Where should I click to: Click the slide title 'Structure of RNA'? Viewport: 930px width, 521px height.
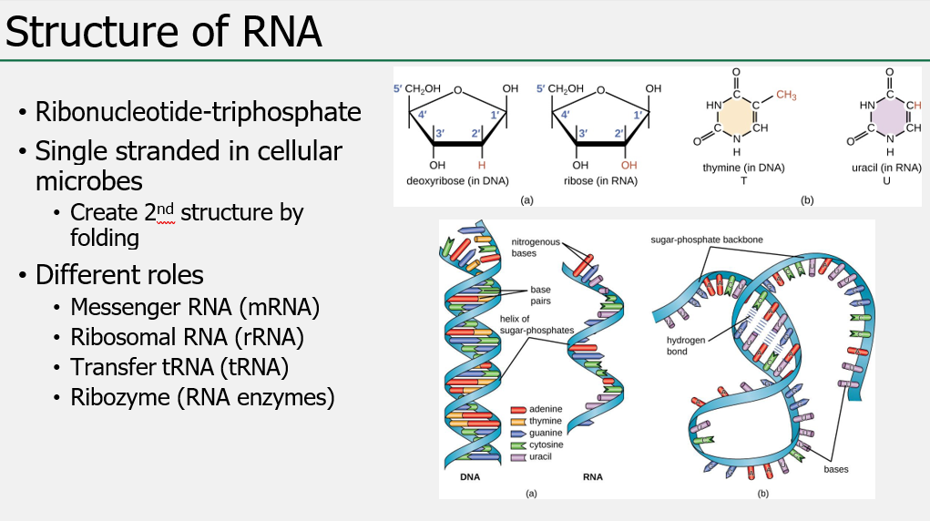click(x=164, y=31)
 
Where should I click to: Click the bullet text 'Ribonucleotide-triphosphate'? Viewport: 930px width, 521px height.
click(x=198, y=112)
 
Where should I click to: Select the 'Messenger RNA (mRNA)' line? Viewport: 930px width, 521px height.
click(x=195, y=307)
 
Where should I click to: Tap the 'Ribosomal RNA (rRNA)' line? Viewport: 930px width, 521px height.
click(x=187, y=337)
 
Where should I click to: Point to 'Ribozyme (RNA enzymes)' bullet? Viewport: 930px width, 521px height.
click(x=202, y=397)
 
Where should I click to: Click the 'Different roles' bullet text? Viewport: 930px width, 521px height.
click(x=119, y=274)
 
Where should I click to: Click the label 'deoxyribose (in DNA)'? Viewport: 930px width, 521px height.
click(x=457, y=180)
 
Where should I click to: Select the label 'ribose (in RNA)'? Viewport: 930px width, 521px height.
click(x=600, y=180)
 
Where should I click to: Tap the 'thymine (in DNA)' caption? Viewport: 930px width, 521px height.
click(x=743, y=169)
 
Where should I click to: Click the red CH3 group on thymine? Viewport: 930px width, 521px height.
click(x=786, y=96)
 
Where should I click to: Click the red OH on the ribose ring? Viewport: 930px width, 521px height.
click(x=629, y=165)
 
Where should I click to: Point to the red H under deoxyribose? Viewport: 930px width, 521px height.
click(x=482, y=165)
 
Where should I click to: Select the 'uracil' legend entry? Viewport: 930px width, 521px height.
click(x=542, y=456)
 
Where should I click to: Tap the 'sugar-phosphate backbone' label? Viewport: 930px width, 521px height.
click(x=706, y=240)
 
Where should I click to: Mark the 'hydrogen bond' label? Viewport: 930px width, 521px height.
click(x=683, y=345)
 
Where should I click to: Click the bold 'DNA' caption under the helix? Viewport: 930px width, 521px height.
click(x=470, y=476)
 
